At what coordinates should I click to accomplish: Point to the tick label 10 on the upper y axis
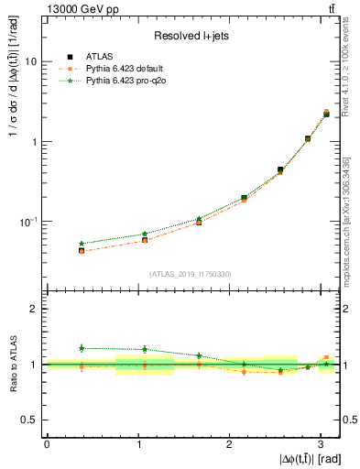click(31, 61)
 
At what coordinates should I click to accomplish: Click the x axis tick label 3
click(320, 443)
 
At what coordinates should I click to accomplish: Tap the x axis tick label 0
click(47, 443)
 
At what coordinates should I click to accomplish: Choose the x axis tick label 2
click(229, 443)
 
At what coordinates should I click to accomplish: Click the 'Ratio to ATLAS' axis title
click(12, 365)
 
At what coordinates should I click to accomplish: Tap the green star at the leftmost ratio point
click(82, 348)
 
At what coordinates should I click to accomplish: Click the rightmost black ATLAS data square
click(326, 115)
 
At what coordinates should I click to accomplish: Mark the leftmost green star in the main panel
click(82, 244)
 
